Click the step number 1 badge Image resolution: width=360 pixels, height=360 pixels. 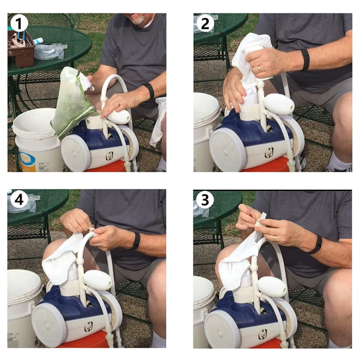coord(19,24)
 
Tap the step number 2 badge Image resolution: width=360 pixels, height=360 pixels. coord(205,24)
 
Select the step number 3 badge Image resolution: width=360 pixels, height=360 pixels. coord(205,200)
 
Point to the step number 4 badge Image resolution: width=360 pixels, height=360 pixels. coord(19,200)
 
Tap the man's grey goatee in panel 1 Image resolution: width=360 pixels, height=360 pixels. coord(138,21)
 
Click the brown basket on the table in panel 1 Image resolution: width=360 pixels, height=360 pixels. coord(21,49)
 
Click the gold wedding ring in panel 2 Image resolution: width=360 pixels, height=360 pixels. coord(259,68)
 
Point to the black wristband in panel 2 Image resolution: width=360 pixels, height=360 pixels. coord(305,60)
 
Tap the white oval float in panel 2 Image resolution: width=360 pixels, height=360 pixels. coord(279,104)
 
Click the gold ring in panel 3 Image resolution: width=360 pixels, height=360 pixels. coord(274,238)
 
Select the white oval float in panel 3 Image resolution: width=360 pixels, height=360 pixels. coord(272,287)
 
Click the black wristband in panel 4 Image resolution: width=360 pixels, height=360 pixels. coord(136,241)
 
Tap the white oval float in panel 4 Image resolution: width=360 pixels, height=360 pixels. coord(98,280)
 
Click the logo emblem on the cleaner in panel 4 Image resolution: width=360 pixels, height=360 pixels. coord(88,327)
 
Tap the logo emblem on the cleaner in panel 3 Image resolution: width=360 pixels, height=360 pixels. coord(263,334)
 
